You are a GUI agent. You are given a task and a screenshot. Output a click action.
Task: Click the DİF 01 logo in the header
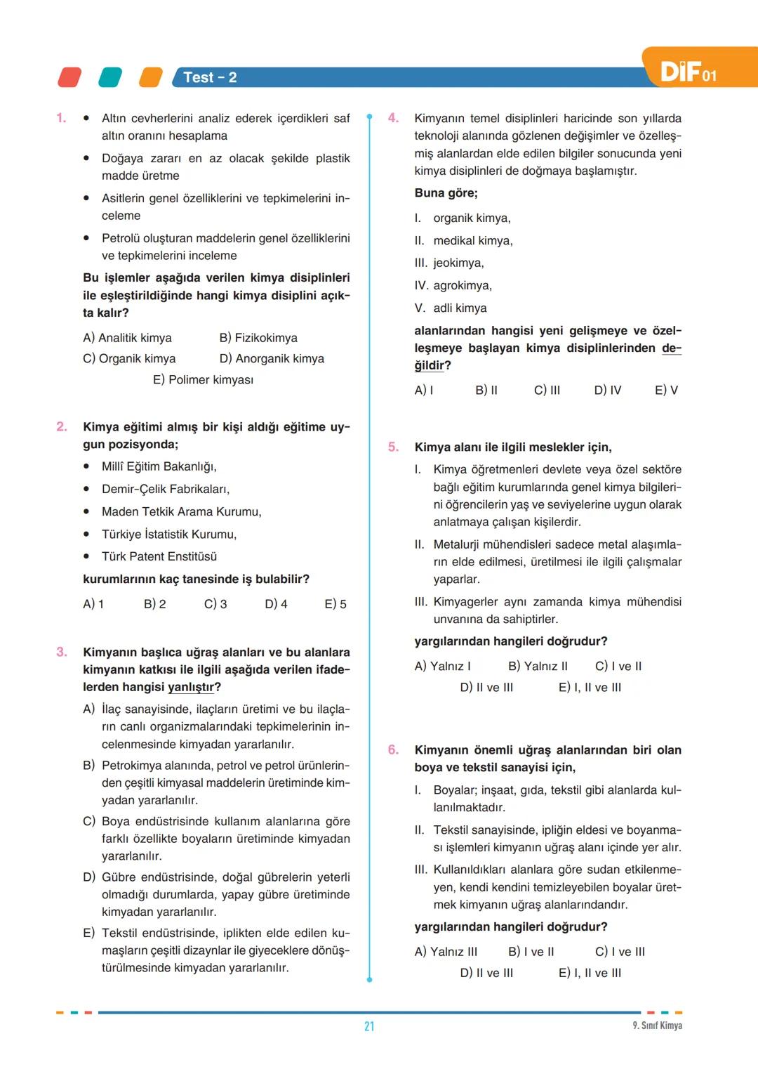[688, 72]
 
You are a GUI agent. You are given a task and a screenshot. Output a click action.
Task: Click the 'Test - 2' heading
[210, 77]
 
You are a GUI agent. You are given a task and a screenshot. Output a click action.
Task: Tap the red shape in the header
[69, 77]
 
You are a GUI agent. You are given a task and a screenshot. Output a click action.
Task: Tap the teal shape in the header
[110, 77]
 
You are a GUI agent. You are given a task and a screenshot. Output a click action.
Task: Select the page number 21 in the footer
[369, 1026]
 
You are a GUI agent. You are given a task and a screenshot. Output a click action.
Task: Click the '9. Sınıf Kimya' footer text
[657, 1026]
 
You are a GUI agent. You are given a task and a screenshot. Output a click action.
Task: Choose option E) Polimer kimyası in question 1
[203, 380]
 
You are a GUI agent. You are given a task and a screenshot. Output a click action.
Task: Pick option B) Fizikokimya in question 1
[258, 338]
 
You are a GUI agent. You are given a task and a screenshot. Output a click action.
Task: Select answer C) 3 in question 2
[215, 604]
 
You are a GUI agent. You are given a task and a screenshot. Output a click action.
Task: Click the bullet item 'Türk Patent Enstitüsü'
[159, 556]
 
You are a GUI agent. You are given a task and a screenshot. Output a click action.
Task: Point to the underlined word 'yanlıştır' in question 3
[191, 687]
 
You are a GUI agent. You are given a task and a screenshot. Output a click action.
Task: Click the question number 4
[394, 118]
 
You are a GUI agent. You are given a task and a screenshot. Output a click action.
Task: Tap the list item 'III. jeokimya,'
[449, 263]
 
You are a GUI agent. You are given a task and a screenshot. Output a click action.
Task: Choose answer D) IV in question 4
[608, 390]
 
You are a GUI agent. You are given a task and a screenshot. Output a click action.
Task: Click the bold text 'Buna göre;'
[446, 193]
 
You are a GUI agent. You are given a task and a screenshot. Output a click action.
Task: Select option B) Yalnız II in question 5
[538, 666]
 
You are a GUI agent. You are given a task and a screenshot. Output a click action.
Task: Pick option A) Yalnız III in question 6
[446, 952]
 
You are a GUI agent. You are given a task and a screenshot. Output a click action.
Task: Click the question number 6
[394, 749]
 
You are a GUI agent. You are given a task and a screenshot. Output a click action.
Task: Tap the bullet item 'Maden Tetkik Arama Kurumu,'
[181, 511]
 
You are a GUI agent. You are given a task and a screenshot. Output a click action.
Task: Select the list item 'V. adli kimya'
[451, 308]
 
